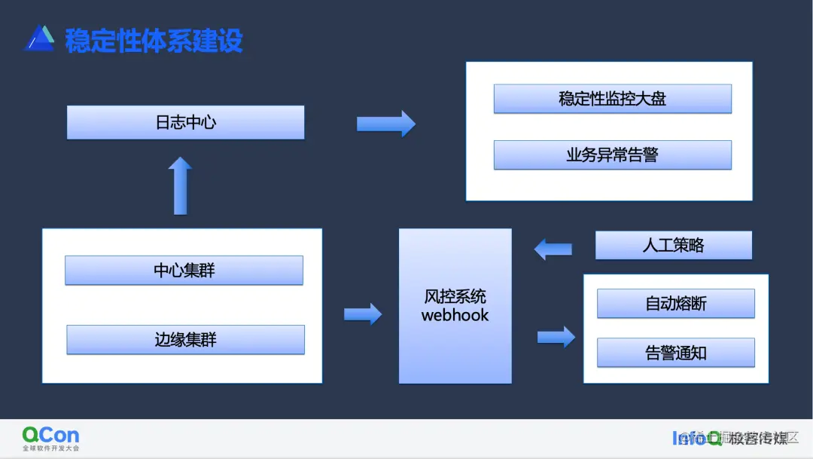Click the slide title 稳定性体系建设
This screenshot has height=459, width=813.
click(154, 40)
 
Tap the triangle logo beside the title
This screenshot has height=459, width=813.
click(39, 38)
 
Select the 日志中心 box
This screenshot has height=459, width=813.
click(185, 122)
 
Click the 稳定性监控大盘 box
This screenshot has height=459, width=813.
click(612, 99)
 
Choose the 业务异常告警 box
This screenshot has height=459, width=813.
click(612, 155)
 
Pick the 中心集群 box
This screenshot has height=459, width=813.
click(184, 270)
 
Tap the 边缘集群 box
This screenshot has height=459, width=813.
click(185, 339)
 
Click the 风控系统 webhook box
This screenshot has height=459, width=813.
click(455, 305)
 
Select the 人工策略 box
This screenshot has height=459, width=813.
click(673, 245)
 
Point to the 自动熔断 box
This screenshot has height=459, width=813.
click(675, 303)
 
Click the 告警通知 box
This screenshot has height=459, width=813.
click(675, 353)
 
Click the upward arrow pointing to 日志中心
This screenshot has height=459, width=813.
click(180, 185)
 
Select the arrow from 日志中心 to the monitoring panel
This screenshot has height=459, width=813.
click(385, 123)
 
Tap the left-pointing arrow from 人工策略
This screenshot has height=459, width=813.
click(553, 248)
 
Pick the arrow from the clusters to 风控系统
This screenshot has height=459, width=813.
click(363, 313)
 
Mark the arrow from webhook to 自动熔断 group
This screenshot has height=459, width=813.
click(556, 336)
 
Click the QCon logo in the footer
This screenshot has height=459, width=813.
click(50, 434)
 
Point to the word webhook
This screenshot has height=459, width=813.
click(455, 315)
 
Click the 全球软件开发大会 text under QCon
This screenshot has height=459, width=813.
click(50, 448)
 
